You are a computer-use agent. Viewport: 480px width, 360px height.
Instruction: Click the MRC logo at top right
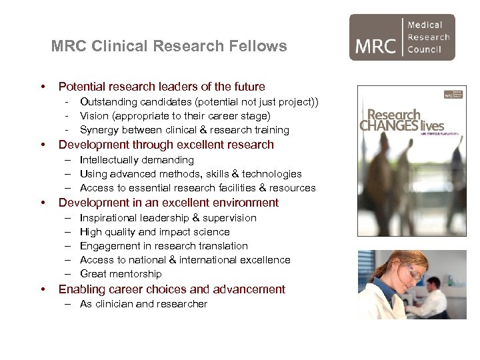coord(402,37)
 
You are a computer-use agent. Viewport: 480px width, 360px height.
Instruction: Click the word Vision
coord(94,116)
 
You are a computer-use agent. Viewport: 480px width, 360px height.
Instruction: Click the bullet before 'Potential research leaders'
coord(43,87)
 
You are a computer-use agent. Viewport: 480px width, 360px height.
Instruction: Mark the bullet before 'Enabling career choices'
coord(43,290)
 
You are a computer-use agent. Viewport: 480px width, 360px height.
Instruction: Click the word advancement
coord(250,290)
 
